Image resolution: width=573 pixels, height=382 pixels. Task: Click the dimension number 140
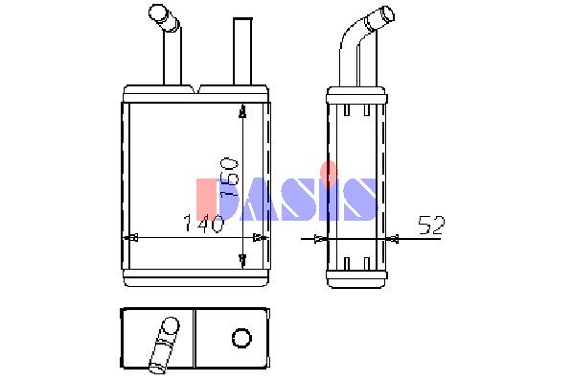203,224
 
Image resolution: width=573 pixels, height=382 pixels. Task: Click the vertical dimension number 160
229,178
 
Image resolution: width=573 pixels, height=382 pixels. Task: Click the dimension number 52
431,226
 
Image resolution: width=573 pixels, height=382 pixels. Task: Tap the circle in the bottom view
241,337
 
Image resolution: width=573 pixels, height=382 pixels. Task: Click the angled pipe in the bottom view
164,345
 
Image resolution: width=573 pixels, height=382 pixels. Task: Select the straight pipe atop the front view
242,51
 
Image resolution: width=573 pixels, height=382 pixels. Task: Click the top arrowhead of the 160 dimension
242,112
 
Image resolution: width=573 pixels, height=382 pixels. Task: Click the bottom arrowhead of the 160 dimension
242,260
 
